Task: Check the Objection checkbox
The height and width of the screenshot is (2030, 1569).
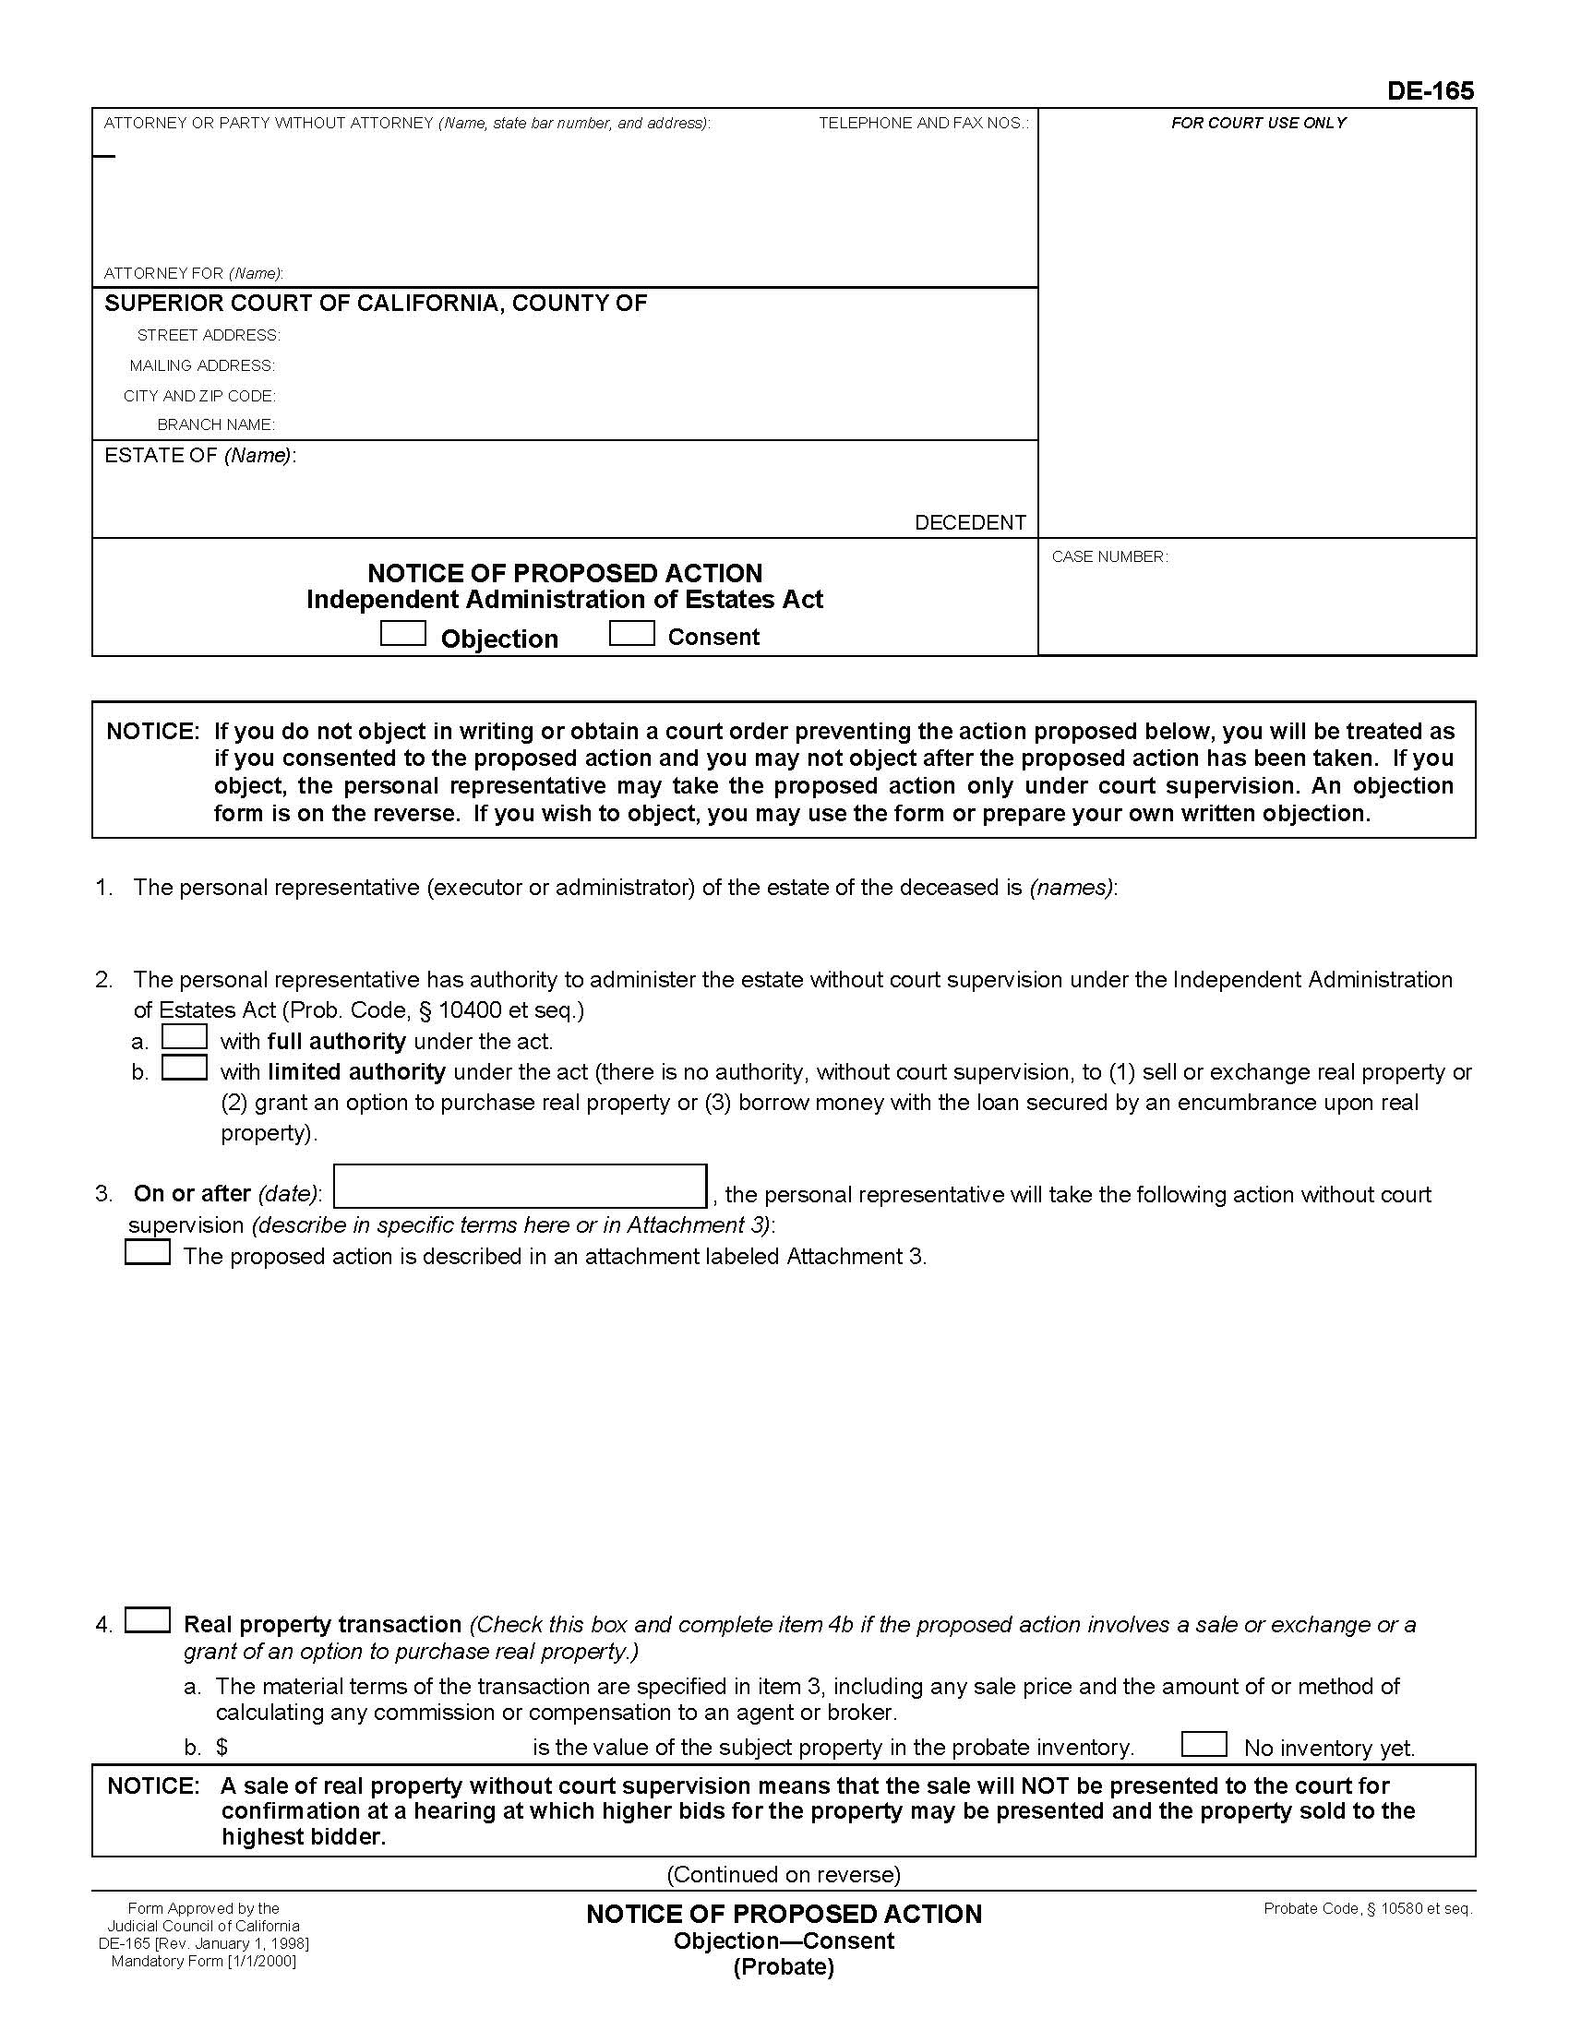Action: point(403,634)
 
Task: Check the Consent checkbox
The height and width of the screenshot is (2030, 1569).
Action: point(632,634)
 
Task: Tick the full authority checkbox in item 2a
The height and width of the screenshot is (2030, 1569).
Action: point(184,1036)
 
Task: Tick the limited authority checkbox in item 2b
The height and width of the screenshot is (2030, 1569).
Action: point(184,1067)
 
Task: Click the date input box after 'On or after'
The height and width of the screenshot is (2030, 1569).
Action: point(521,1187)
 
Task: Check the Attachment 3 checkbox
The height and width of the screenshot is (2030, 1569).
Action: point(148,1253)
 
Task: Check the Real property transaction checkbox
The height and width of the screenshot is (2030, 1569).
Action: point(148,1620)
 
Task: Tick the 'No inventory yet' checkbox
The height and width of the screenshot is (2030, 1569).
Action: point(1204,1744)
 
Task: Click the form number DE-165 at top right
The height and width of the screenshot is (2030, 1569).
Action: point(1430,90)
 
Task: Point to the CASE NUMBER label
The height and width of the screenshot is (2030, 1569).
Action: point(1109,556)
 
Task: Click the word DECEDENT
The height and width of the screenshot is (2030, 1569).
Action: point(969,522)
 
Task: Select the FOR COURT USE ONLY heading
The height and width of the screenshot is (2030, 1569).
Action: point(1258,123)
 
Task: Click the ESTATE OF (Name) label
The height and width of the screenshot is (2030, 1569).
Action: point(200,456)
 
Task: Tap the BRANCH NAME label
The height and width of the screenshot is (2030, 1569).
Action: point(216,424)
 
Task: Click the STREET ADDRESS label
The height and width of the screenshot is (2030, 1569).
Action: point(209,335)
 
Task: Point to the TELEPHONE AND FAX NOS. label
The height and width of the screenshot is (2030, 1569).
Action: point(923,123)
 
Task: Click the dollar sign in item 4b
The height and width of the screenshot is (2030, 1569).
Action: point(222,1748)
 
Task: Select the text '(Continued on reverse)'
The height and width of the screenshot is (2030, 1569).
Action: point(784,1874)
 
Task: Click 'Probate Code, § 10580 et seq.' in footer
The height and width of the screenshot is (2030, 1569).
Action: point(1367,1908)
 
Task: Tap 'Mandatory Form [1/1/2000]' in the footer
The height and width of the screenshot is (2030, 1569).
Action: point(204,1961)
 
